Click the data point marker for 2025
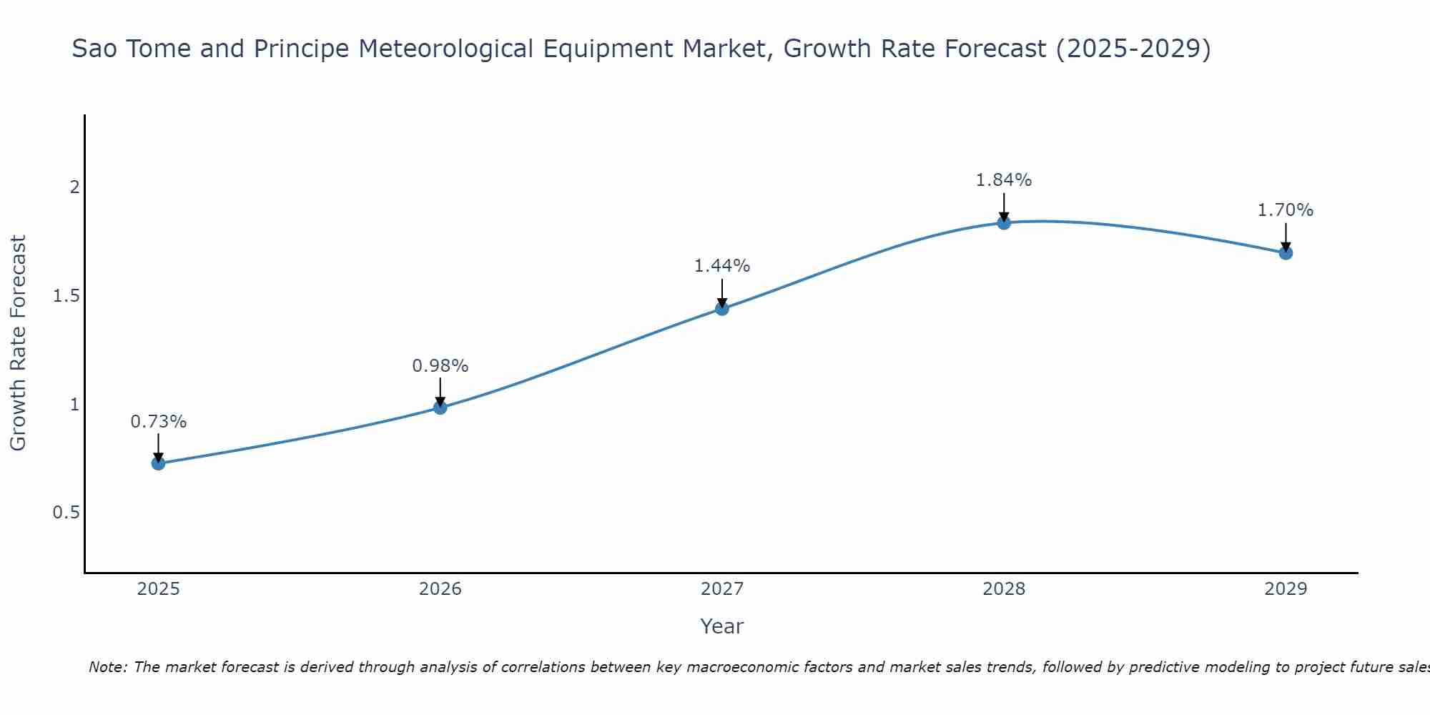click(x=159, y=463)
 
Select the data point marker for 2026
click(x=440, y=408)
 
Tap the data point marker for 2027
click(x=722, y=309)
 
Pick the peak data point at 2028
click(x=1004, y=223)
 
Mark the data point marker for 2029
click(x=1286, y=253)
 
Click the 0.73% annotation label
click(x=159, y=422)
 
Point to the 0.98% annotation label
click(x=440, y=366)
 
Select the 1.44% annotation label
click(x=722, y=266)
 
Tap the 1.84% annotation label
click(x=1004, y=180)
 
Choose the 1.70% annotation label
click(x=1286, y=210)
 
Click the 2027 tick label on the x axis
click(x=722, y=589)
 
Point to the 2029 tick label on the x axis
click(x=1286, y=589)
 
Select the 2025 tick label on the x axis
click(x=159, y=589)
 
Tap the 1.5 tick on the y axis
click(x=66, y=296)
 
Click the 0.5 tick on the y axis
click(x=66, y=513)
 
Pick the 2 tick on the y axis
click(x=74, y=187)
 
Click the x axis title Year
click(x=722, y=626)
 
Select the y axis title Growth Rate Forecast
click(x=18, y=343)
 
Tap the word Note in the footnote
click(x=107, y=667)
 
